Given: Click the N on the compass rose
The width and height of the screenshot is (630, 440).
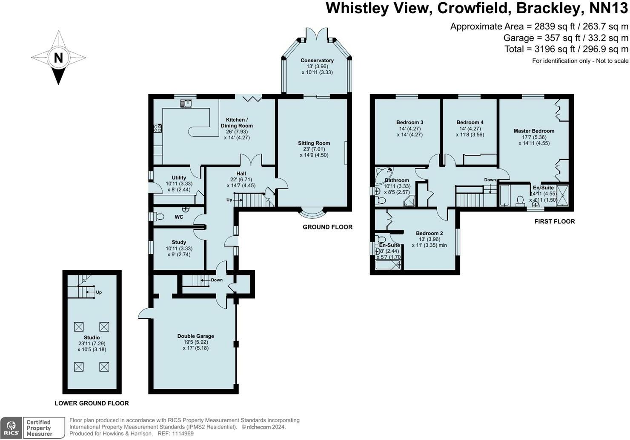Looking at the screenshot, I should pyautogui.click(x=58, y=58).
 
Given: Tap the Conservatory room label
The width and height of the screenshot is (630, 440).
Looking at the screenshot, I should pyautogui.click(x=317, y=61).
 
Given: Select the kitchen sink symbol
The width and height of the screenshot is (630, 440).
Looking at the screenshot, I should pyautogui.click(x=186, y=103).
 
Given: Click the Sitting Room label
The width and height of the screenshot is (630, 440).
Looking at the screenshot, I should pyautogui.click(x=314, y=143).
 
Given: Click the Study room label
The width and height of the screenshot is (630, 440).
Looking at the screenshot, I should pyautogui.click(x=179, y=242).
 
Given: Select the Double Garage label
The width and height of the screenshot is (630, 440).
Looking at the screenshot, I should pyautogui.click(x=195, y=336).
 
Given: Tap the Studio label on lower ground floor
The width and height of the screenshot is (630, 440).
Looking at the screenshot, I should pyautogui.click(x=92, y=337).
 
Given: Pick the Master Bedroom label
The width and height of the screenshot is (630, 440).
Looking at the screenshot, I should pyautogui.click(x=534, y=131).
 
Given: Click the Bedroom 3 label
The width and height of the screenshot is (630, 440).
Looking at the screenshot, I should pyautogui.click(x=409, y=122).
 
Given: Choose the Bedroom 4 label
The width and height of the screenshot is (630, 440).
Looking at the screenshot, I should pyautogui.click(x=470, y=122).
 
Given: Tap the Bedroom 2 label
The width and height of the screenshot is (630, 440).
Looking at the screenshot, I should pyautogui.click(x=429, y=233).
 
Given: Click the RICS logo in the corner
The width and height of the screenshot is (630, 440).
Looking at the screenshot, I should pyautogui.click(x=11, y=428).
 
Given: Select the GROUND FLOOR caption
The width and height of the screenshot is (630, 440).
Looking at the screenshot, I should pyautogui.click(x=327, y=227).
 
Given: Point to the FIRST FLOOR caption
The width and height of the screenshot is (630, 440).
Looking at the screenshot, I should pyautogui.click(x=554, y=221).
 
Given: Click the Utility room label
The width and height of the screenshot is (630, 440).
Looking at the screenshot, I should pyautogui.click(x=179, y=178).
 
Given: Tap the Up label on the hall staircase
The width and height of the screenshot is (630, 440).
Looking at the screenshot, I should pyautogui.click(x=229, y=200).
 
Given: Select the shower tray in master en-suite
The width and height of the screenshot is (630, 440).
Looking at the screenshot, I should pyautogui.click(x=562, y=195).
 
